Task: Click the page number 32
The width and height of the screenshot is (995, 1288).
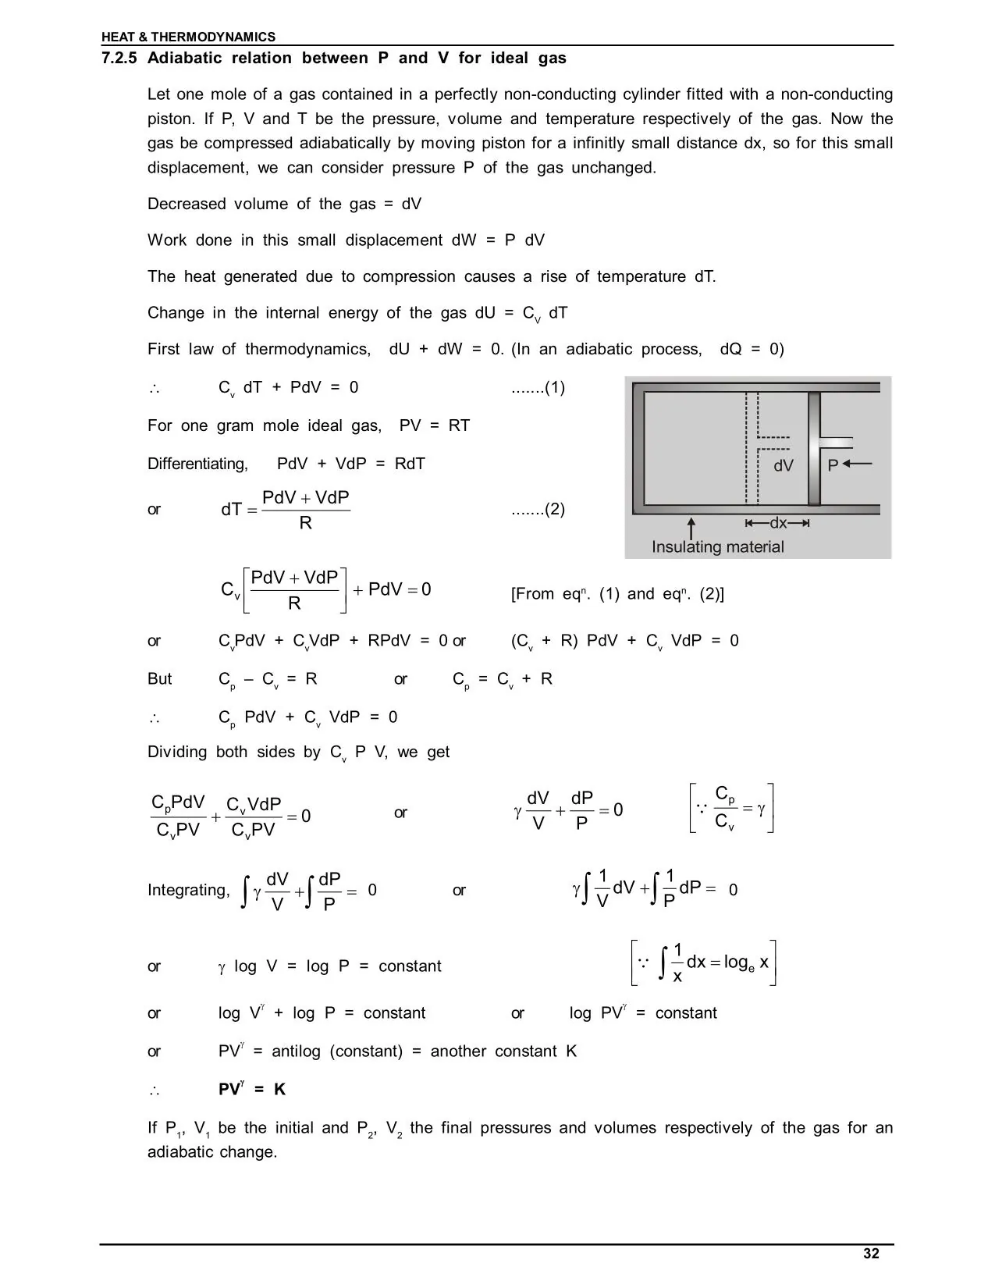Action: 871,1254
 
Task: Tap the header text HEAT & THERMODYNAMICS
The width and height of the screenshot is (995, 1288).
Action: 188,37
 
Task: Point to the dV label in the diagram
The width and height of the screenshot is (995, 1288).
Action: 783,466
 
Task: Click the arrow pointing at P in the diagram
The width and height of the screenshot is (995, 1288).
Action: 857,464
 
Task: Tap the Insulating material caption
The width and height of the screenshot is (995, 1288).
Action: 717,546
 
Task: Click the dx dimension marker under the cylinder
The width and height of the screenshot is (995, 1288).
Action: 777,523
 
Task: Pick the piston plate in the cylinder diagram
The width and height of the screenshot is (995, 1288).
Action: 814,448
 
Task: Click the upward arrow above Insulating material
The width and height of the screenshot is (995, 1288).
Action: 691,525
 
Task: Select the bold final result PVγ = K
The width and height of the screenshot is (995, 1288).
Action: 251,1089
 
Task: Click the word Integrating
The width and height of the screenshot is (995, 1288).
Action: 188,890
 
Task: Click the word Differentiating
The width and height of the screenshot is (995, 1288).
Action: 197,464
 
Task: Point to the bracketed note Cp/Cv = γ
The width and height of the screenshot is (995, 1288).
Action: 732,809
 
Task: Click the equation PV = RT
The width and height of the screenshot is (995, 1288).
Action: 434,426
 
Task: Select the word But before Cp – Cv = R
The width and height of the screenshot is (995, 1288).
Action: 159,679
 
